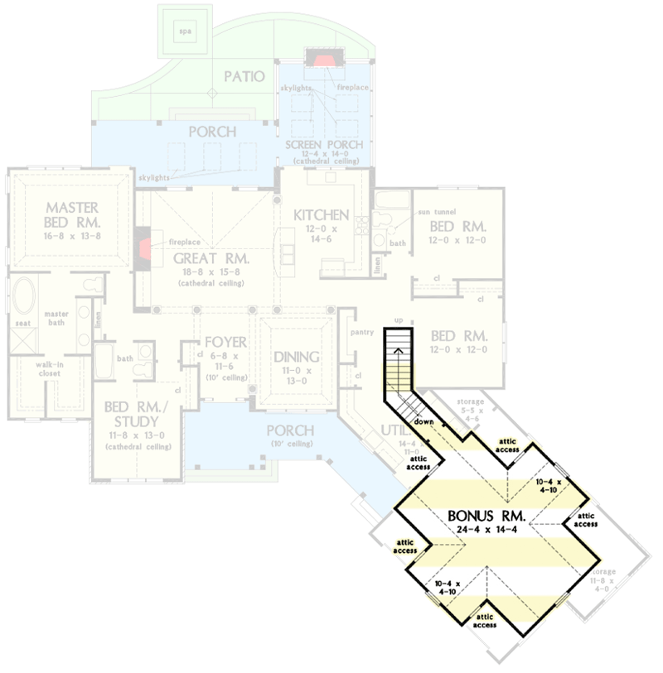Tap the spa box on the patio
(183, 32)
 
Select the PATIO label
(244, 77)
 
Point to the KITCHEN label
(321, 215)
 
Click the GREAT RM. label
(211, 257)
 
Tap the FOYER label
(221, 341)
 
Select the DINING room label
(296, 357)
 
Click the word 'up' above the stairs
(399, 320)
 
